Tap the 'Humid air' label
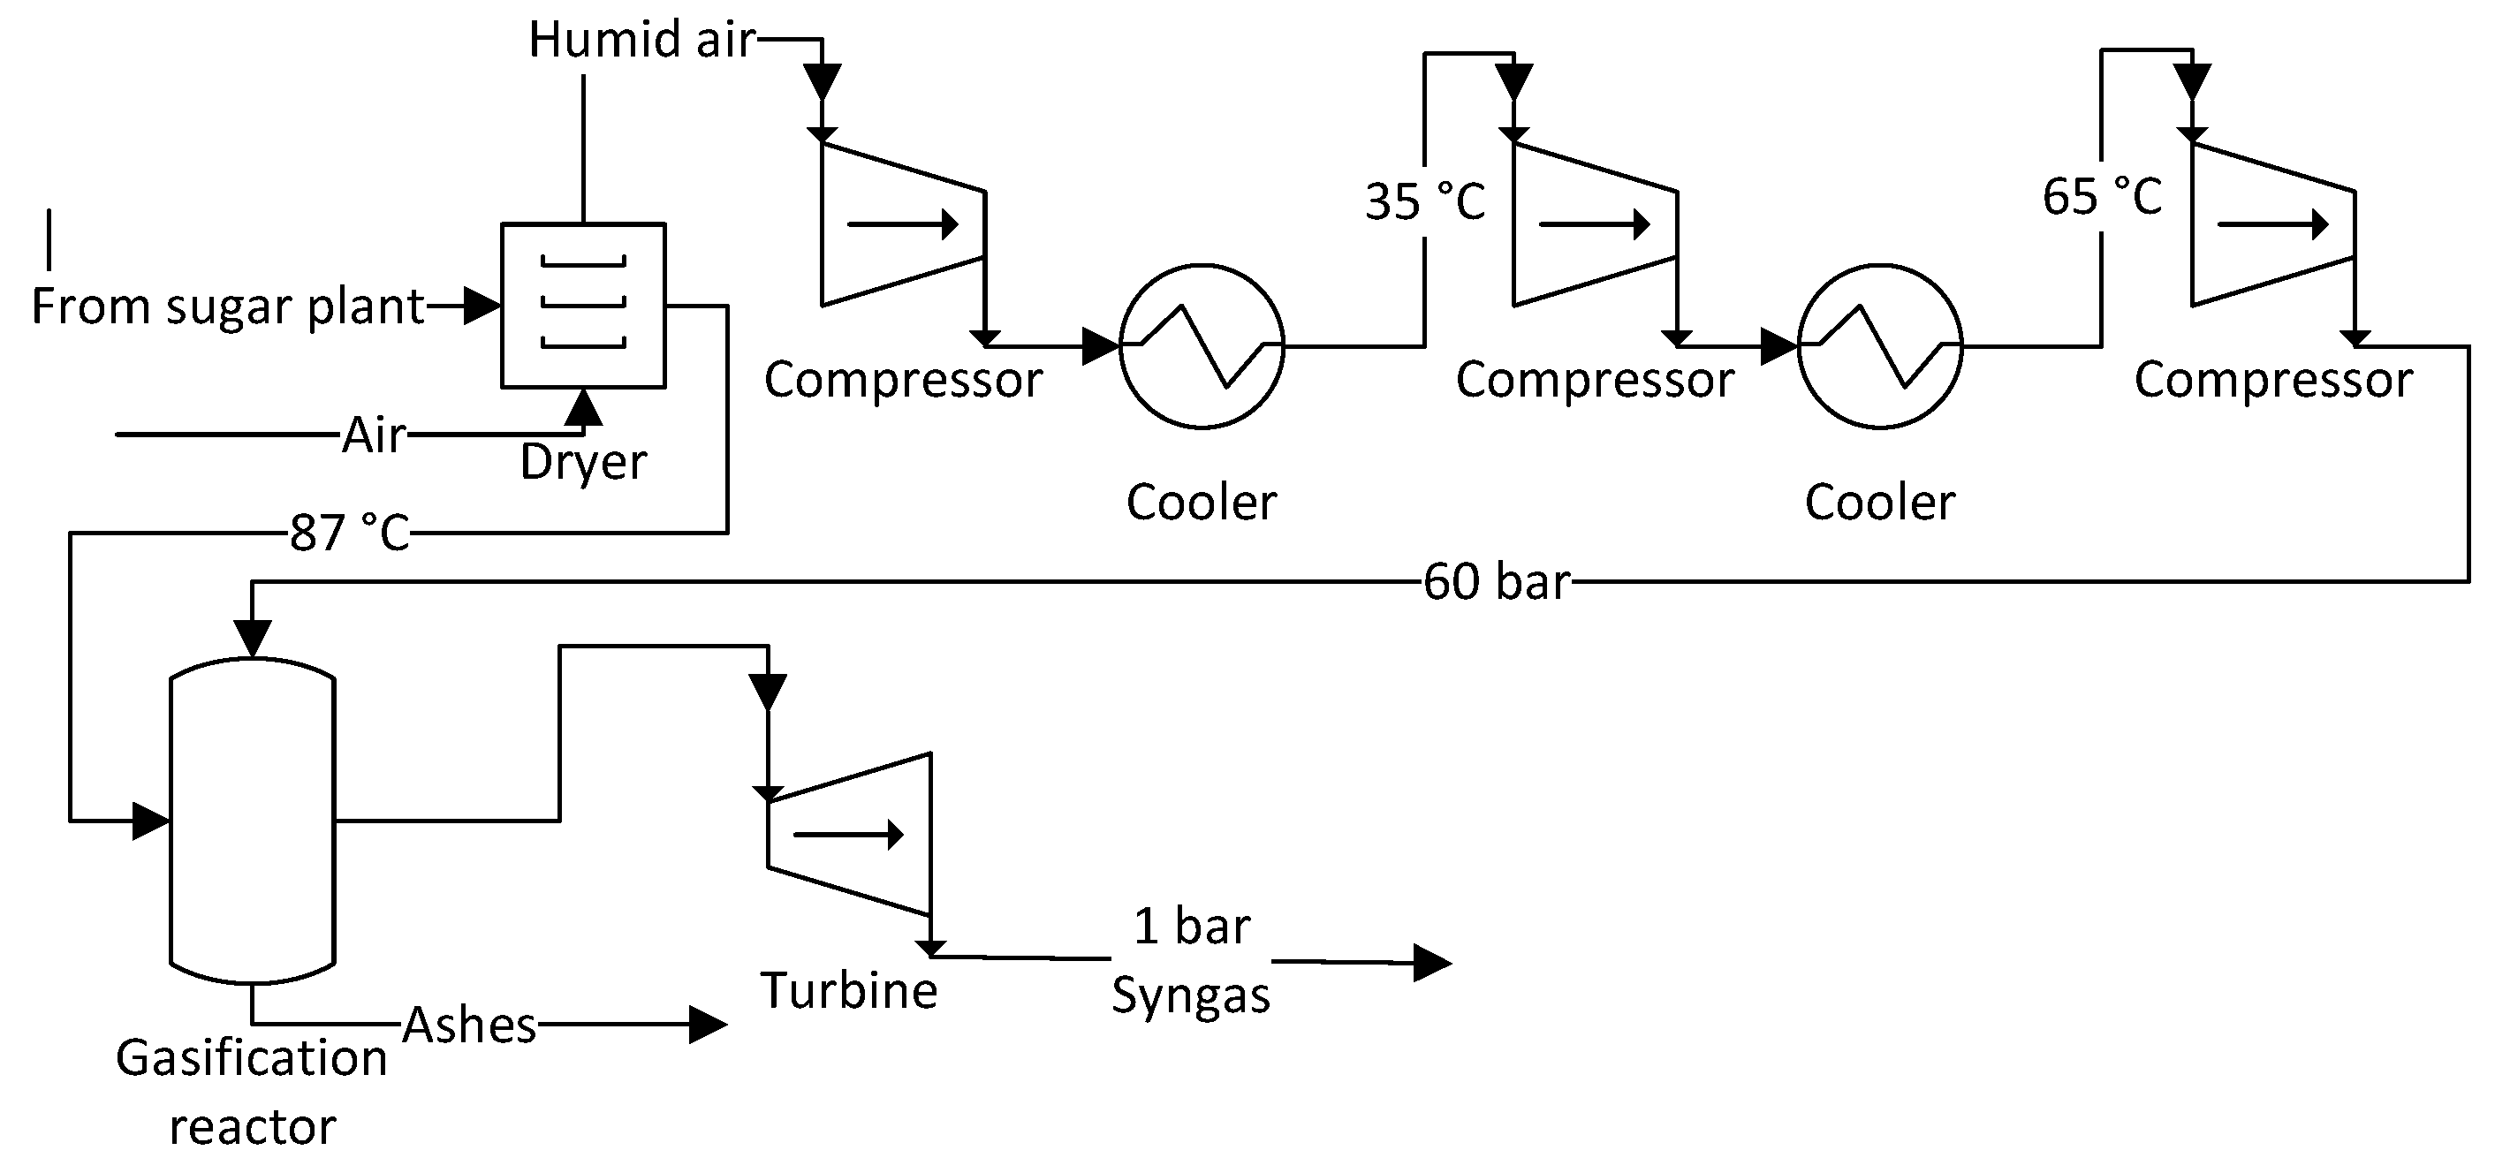coord(641,41)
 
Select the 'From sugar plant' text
coord(228,306)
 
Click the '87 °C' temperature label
coord(350,533)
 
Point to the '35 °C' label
coord(1425,201)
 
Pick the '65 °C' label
coord(2102,197)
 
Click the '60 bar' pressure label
coord(1496,581)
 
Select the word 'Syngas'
coord(1190,995)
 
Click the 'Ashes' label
coord(469,1025)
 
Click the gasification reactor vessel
coord(253,821)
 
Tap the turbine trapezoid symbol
coord(849,834)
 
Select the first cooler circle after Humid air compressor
coord(1201,345)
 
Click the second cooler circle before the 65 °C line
coord(1880,345)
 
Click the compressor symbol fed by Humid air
coord(902,224)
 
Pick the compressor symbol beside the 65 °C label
coord(2272,224)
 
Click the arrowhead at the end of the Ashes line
coord(707,1025)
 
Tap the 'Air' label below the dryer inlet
coord(374,435)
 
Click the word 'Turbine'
coord(848,991)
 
